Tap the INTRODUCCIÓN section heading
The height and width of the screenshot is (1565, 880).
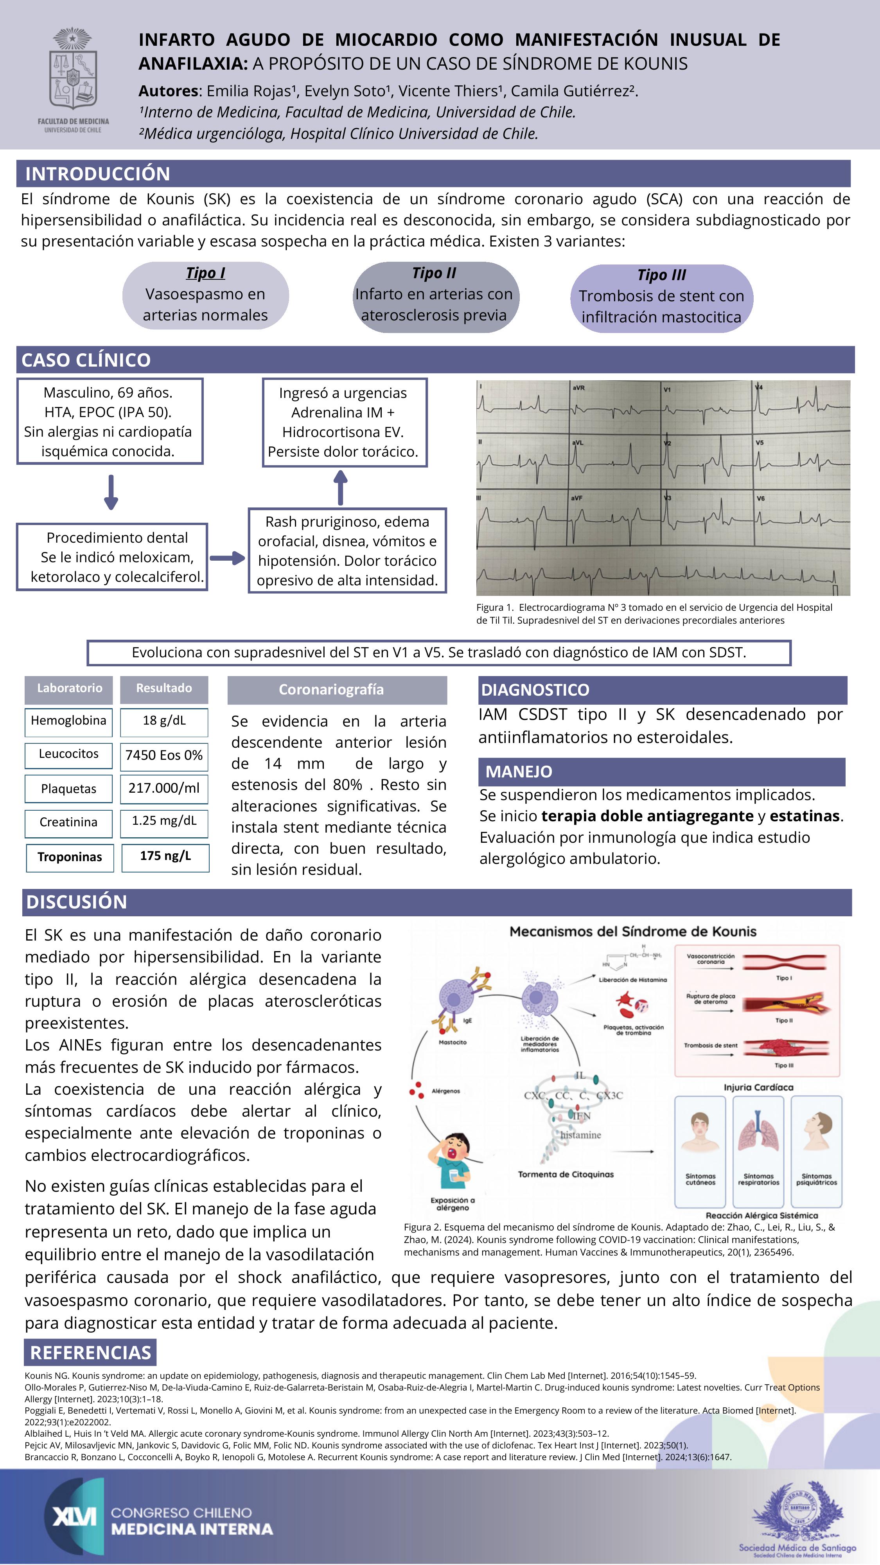97,174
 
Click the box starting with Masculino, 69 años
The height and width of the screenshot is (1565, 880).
110,422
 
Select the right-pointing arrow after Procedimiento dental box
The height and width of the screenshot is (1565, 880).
227,558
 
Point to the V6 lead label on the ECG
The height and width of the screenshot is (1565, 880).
760,498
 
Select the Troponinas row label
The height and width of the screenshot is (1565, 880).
70,857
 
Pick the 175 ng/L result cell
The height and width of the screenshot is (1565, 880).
165,856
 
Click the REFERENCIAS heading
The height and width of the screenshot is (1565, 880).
90,1353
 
